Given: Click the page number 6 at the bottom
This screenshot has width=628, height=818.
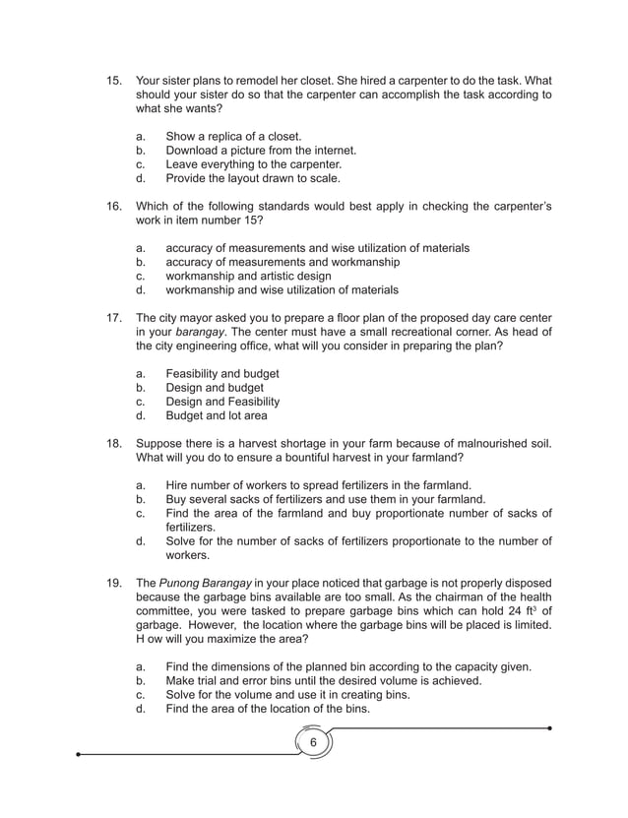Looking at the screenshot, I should [313, 741].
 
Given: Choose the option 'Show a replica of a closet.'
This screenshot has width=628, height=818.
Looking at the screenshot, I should [233, 136].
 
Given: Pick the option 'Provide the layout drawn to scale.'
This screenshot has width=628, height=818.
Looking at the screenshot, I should [253, 178].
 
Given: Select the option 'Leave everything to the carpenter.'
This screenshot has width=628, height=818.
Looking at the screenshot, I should [253, 164].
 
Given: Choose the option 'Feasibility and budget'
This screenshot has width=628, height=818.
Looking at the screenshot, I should [221, 373].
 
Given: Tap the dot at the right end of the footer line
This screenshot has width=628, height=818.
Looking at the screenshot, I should [549, 728].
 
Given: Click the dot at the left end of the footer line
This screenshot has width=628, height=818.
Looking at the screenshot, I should [80, 755].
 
